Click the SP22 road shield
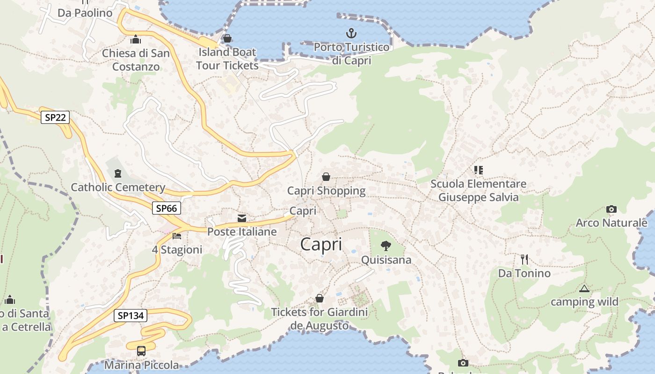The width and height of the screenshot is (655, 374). pyautogui.click(x=55, y=117)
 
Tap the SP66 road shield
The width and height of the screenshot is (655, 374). pyautogui.click(x=166, y=208)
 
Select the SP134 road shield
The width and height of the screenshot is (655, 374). pyautogui.click(x=131, y=316)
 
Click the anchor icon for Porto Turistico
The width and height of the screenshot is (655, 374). pyautogui.click(x=351, y=33)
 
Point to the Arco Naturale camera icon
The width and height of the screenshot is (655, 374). pyautogui.click(x=611, y=209)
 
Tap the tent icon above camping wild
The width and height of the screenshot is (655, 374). pyautogui.click(x=583, y=288)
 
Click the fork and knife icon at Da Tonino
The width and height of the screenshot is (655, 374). pyautogui.click(x=524, y=259)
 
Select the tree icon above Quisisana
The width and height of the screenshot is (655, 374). pyautogui.click(x=386, y=246)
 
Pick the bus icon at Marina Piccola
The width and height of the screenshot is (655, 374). pyautogui.click(x=141, y=351)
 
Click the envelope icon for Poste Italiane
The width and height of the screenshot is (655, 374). pyautogui.click(x=242, y=218)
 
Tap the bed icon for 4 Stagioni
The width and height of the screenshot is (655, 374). pyautogui.click(x=176, y=236)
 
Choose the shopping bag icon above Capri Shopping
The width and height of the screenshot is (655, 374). pyautogui.click(x=326, y=177)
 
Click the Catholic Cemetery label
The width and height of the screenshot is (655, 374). pyautogui.click(x=118, y=187)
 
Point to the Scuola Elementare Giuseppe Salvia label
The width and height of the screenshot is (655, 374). pyautogui.click(x=478, y=190)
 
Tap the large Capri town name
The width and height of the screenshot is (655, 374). pyautogui.click(x=321, y=244)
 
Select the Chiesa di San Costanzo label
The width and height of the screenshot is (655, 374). pyautogui.click(x=136, y=60)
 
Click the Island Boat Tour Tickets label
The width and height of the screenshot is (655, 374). pyautogui.click(x=227, y=58)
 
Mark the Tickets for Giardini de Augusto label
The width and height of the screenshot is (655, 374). pyautogui.click(x=320, y=318)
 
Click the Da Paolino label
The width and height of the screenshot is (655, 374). pyautogui.click(x=85, y=13)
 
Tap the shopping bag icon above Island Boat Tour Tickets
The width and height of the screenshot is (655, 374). pyautogui.click(x=227, y=38)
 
